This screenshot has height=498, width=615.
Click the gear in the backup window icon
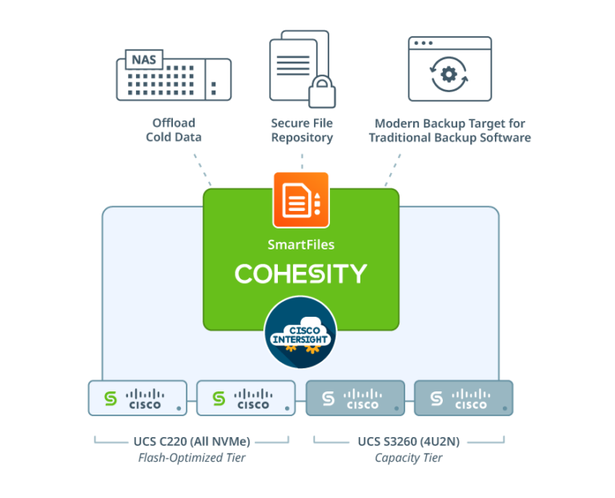coord(448,75)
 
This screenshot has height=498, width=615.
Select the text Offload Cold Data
coord(174,130)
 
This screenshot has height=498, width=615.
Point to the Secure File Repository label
coord(302,130)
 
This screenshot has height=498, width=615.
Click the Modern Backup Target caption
coord(449,130)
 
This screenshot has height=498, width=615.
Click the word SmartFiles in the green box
coord(300,243)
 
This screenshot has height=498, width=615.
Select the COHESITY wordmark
coord(300,273)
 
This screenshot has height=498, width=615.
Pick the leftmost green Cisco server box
coord(138,399)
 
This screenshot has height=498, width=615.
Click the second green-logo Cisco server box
coord(246,399)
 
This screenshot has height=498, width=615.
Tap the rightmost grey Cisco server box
coord(463,399)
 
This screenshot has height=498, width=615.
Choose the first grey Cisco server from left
coord(355,399)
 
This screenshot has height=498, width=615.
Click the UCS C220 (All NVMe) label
coord(191,441)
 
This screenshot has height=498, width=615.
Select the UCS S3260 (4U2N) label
coord(408,441)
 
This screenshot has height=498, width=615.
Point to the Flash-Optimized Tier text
coord(191,458)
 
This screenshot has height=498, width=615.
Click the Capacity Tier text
coord(408,458)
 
